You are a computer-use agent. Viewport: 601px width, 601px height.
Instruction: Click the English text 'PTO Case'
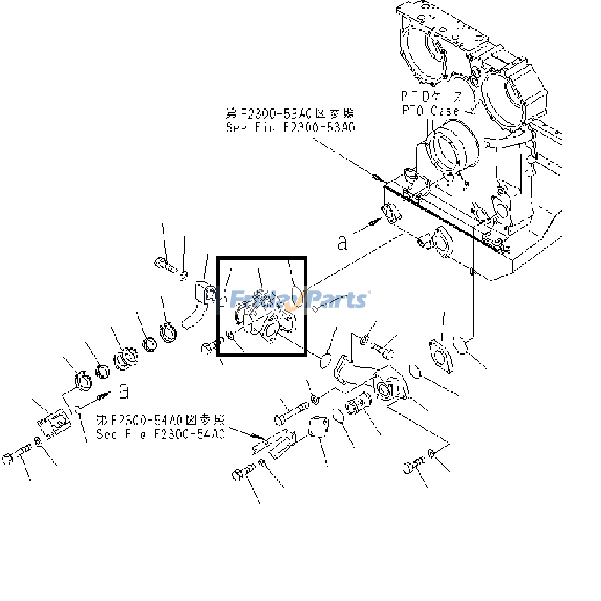(430, 111)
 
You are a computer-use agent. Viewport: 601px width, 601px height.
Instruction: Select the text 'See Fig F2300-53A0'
(290, 128)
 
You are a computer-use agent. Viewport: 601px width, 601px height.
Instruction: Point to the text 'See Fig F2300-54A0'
(160, 434)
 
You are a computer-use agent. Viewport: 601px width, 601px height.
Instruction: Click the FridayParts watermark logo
(300, 298)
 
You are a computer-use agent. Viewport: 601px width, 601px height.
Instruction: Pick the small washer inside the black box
(230, 334)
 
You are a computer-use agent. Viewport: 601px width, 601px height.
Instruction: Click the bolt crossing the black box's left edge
(210, 348)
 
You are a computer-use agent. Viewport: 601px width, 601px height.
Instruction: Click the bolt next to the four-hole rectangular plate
(17, 459)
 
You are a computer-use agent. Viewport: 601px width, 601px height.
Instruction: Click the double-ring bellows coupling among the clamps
(124, 359)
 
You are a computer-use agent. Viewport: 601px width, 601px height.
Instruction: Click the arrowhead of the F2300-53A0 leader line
(377, 177)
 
